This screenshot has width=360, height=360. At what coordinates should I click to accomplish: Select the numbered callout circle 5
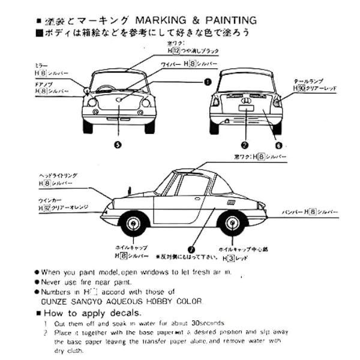pos(118,144)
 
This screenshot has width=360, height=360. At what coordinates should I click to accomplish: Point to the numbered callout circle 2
pos(244,144)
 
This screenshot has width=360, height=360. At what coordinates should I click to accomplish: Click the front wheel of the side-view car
pos(133,224)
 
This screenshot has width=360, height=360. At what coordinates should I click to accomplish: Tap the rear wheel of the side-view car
pos(234,224)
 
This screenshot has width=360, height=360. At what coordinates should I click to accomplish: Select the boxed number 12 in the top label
pos(176,52)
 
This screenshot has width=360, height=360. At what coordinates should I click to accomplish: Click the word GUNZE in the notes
pos(56,302)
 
